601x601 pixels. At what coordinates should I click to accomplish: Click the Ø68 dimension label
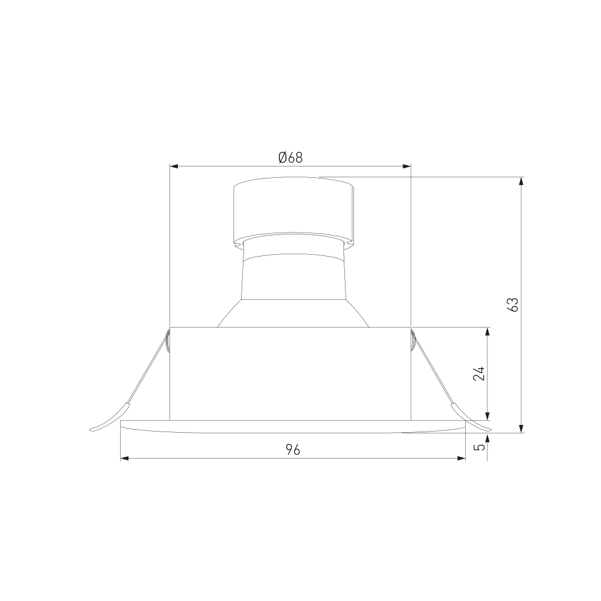point(290,157)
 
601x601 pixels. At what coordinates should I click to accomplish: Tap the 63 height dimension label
point(513,304)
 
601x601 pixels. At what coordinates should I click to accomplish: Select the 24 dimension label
point(479,374)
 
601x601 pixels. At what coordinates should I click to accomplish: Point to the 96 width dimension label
point(293,450)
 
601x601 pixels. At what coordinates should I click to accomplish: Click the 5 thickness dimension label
point(480,447)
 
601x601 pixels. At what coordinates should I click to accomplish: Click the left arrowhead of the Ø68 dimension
point(174,166)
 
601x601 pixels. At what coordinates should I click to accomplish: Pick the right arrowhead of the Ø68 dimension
point(406,166)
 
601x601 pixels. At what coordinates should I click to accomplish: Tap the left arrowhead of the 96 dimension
point(126,458)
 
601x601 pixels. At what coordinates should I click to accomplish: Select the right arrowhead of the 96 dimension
point(461,458)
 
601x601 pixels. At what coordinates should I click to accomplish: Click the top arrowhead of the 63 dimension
point(521,182)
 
